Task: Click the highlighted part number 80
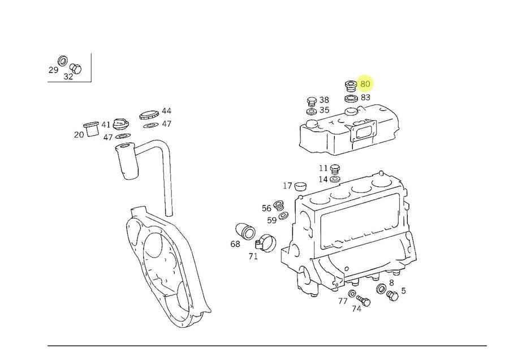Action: click(x=365, y=84)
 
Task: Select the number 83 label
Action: click(x=365, y=97)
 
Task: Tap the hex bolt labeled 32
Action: click(x=76, y=68)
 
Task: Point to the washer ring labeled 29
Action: click(x=63, y=61)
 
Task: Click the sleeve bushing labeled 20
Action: click(x=91, y=129)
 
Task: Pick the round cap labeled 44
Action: click(x=149, y=114)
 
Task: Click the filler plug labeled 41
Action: click(x=121, y=125)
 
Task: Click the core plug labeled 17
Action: click(x=301, y=186)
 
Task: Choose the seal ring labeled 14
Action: click(x=335, y=179)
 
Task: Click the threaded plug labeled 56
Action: click(x=278, y=205)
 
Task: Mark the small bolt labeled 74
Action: click(x=364, y=300)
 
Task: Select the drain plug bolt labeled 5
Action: click(x=392, y=295)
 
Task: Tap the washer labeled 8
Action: click(x=381, y=289)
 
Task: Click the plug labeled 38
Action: click(x=311, y=101)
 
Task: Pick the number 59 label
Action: click(x=272, y=220)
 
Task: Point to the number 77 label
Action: click(x=343, y=301)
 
